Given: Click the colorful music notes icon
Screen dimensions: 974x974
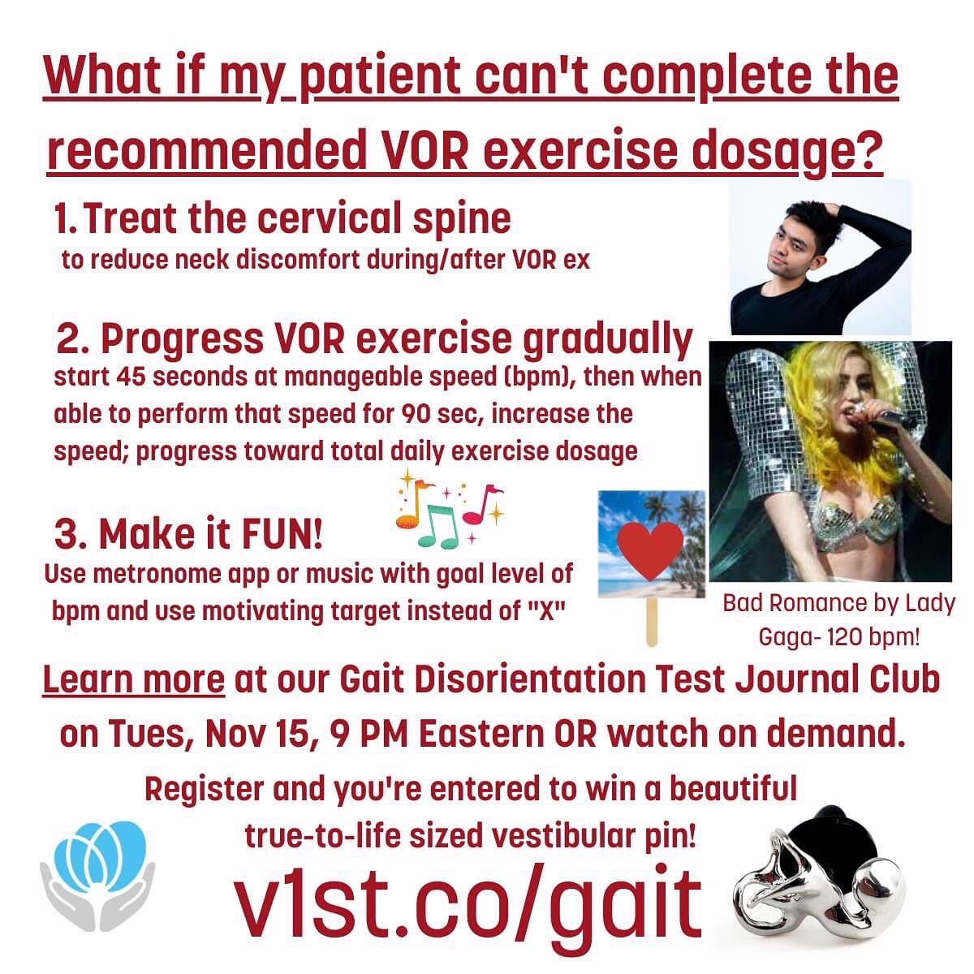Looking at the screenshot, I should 449,512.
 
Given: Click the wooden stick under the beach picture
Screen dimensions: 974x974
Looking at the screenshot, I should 651,622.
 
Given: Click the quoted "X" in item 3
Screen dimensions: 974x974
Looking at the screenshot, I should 546,610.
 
